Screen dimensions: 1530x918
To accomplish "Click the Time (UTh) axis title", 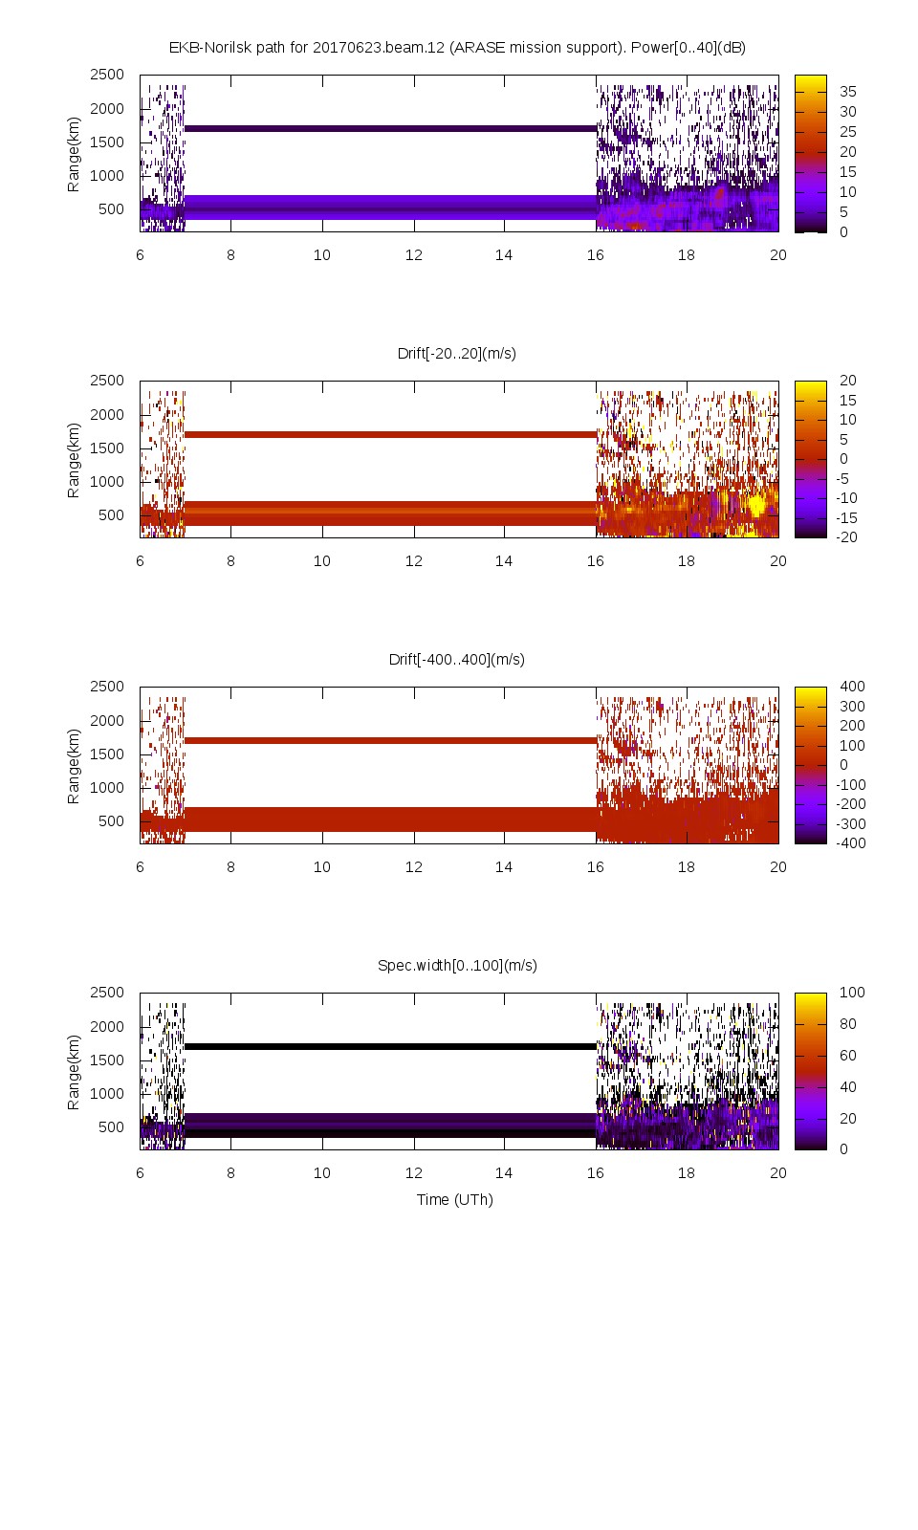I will click(454, 1199).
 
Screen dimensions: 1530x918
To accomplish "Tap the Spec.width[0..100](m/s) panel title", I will click(457, 965).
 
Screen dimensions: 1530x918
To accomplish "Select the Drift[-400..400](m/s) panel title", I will click(457, 659).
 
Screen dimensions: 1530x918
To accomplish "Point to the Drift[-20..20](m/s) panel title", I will click(457, 353).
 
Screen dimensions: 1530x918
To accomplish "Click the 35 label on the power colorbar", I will click(848, 92).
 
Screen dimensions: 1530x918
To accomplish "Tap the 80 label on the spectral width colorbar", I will click(848, 1024).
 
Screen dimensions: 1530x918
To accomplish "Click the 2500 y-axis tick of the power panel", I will click(107, 75).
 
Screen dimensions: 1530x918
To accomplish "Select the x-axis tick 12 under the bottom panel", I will click(413, 1172).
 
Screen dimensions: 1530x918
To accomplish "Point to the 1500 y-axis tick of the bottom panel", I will click(107, 1060).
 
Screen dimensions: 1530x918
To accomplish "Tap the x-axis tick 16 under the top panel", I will click(595, 254).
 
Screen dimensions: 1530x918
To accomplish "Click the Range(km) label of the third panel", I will click(74, 765).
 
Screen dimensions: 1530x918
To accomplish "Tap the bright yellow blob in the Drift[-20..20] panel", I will click(757, 504).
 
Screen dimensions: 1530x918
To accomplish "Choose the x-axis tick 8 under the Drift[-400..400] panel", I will click(230, 866).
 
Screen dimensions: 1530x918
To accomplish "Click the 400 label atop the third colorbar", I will click(852, 687).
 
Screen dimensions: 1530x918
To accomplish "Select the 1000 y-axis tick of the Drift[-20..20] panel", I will click(107, 481).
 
